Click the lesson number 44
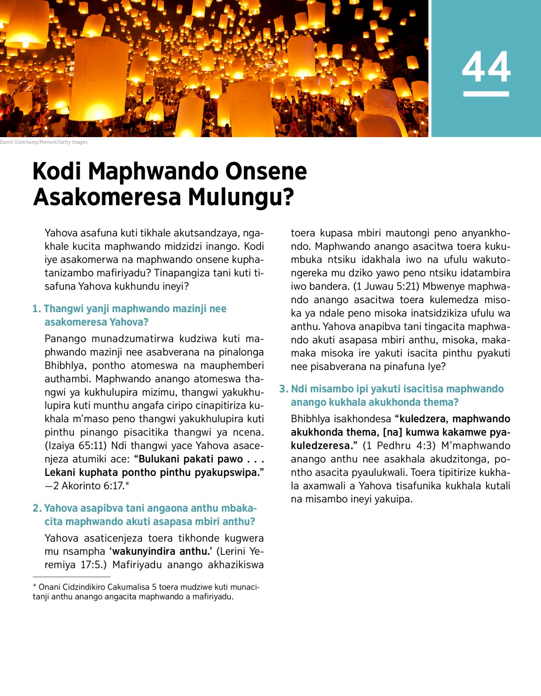coord(486,67)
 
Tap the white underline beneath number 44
coord(486,94)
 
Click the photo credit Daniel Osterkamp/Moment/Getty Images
coord(44,142)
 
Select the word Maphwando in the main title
coord(153,172)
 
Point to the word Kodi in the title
coord(57,172)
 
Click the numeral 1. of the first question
coord(37,309)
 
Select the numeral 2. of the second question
coord(37,508)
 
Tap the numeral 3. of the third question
coord(284,389)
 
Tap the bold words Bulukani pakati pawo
coord(188,459)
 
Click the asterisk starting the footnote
coord(35,587)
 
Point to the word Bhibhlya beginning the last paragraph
coord(311,419)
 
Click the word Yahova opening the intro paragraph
coord(61,233)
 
